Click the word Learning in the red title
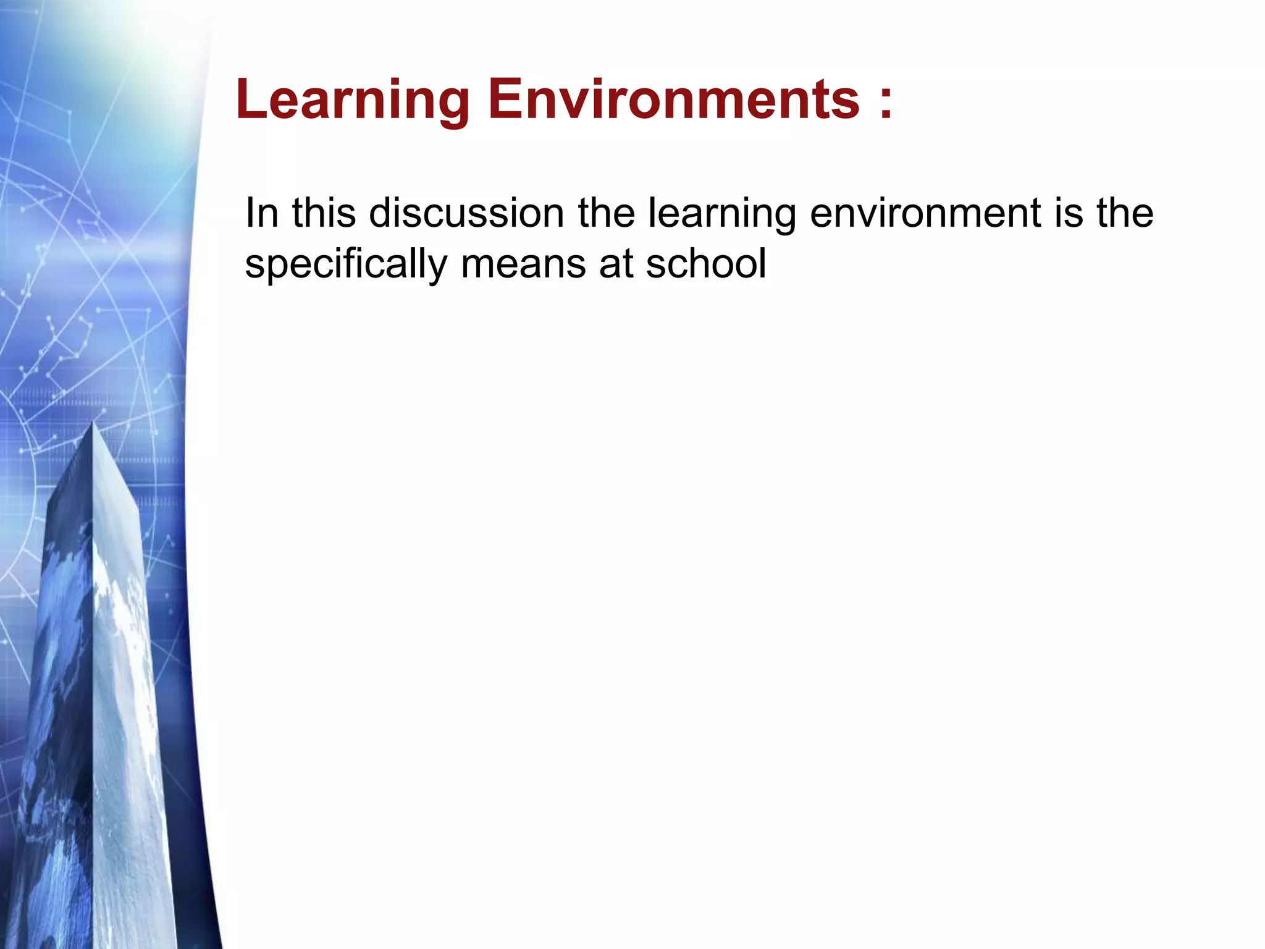point(353,100)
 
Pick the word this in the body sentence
point(324,213)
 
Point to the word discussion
point(466,213)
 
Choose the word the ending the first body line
point(1125,213)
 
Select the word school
point(705,264)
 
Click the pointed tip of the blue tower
point(93,423)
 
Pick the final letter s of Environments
point(846,103)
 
